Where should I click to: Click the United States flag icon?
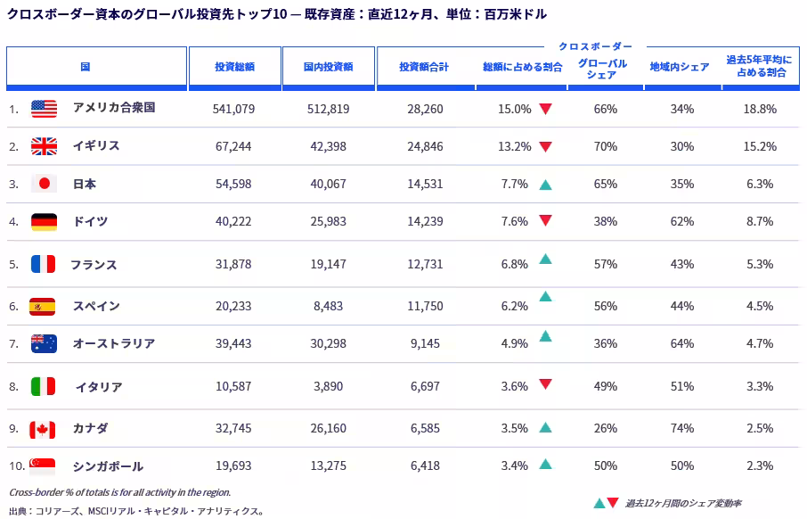45,109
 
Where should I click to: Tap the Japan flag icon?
45,184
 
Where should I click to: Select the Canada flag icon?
42,429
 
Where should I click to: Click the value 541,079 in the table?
233,109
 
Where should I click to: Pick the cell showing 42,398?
329,146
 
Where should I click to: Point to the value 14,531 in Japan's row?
425,184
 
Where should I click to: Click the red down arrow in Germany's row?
545,220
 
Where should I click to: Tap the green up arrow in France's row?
545,259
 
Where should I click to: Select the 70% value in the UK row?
606,146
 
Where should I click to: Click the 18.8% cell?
760,109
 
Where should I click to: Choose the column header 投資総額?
234,67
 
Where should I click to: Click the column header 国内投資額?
329,67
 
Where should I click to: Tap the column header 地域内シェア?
680,67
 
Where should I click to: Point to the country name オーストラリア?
114,343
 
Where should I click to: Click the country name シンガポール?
108,466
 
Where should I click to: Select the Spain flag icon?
42,307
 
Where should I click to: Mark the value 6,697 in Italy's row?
425,386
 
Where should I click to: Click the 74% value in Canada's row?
682,428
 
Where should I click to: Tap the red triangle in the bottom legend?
613,502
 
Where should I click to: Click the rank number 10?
17,465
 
